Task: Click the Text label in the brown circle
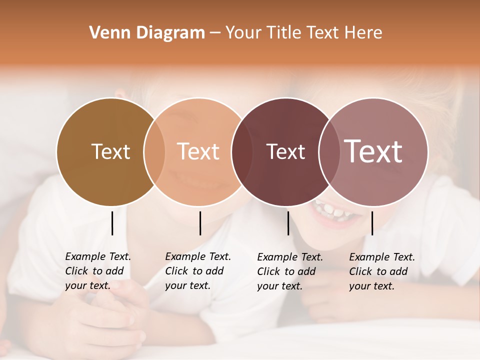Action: (110, 151)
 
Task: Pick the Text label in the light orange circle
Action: (198, 151)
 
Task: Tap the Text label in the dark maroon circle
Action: (285, 151)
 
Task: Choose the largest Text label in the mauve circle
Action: (373, 151)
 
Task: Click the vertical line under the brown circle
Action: (112, 223)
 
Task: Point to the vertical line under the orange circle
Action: (200, 223)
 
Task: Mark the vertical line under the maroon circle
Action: (288, 223)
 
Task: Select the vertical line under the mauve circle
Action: (372, 223)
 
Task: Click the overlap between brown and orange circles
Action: (154, 151)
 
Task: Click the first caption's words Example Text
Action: (98, 256)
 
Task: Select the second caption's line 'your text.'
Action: (187, 286)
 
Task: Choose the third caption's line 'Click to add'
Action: (286, 271)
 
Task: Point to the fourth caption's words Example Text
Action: (382, 257)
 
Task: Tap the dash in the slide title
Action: (215, 33)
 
